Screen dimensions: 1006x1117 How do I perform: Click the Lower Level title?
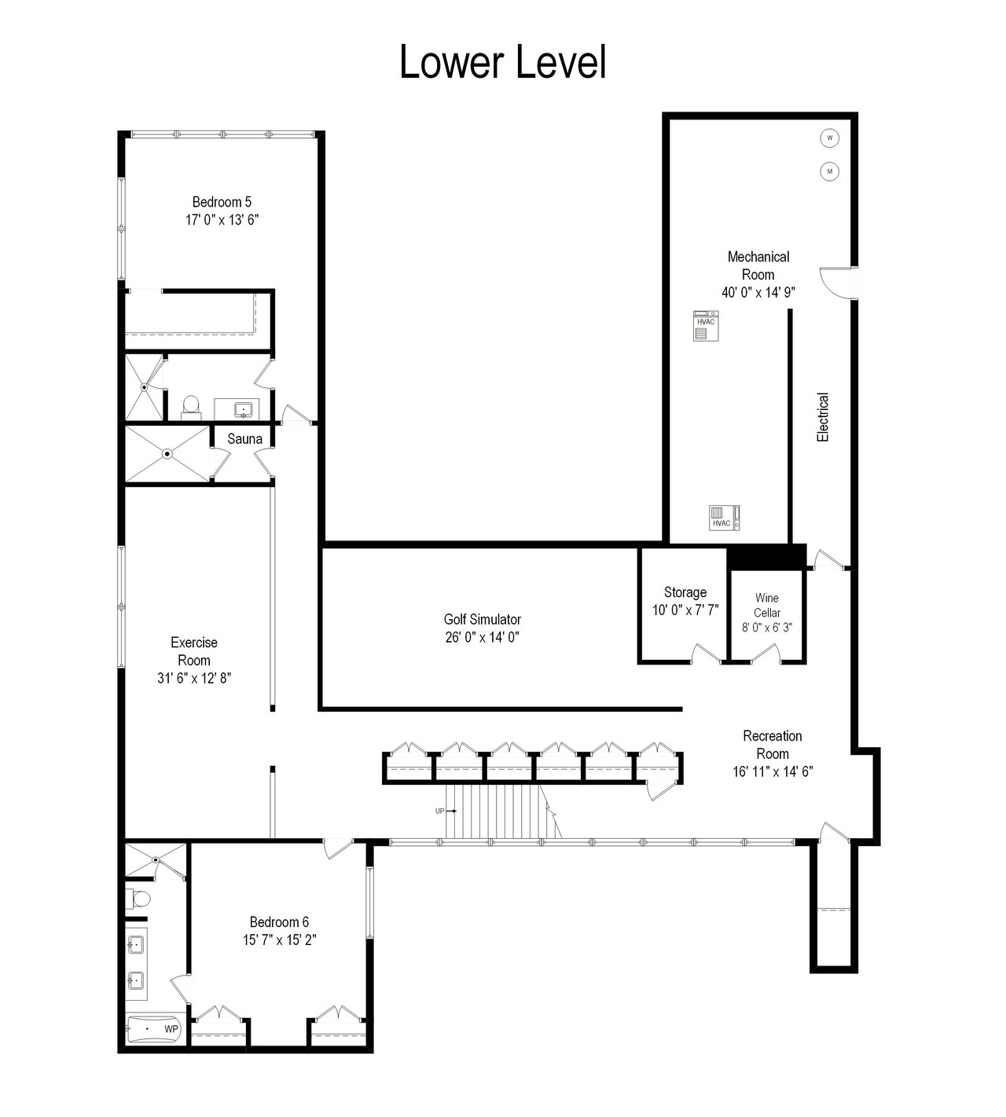click(x=503, y=62)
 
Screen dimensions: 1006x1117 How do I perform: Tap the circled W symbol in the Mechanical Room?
click(x=829, y=137)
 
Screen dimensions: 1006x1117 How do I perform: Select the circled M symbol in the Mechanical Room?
click(x=829, y=171)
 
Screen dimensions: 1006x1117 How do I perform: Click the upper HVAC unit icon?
click(x=706, y=326)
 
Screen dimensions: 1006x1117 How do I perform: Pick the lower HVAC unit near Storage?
click(x=724, y=518)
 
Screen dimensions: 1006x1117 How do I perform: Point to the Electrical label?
click(x=823, y=417)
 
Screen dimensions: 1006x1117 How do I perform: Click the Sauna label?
click(x=244, y=439)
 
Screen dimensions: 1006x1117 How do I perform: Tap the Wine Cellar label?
click(x=767, y=605)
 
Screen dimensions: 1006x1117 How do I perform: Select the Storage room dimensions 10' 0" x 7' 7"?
click(x=685, y=610)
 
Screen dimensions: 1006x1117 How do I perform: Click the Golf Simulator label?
click(x=482, y=619)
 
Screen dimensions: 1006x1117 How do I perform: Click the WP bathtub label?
click(x=171, y=1028)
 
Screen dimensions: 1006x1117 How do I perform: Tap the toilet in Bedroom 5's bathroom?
click(x=191, y=407)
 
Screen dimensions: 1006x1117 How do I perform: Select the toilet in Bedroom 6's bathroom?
click(x=138, y=898)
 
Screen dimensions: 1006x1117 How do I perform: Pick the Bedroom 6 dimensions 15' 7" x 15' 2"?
click(x=279, y=940)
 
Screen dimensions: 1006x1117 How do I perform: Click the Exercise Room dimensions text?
click(x=194, y=678)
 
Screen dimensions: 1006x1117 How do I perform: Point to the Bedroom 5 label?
click(x=222, y=202)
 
